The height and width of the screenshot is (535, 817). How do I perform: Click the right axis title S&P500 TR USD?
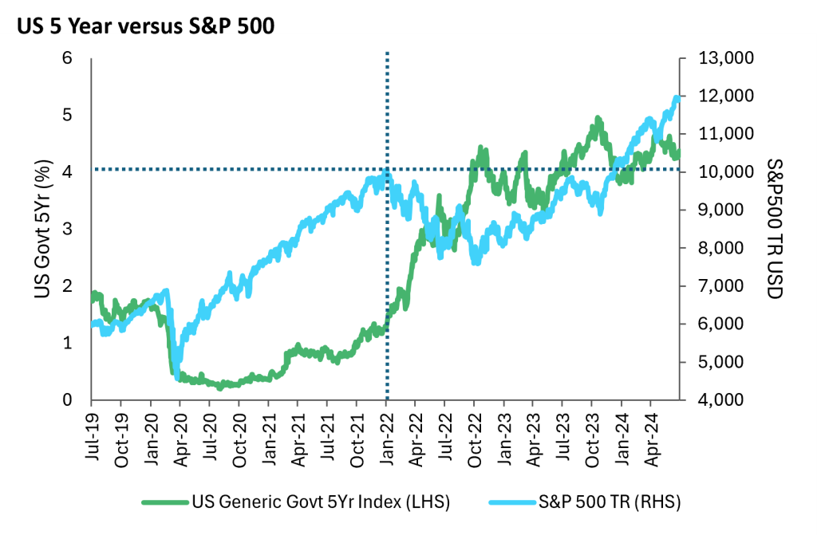pos(773,229)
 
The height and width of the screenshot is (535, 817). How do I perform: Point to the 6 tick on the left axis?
pos(68,58)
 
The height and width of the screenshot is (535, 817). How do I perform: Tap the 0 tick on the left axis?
pos(68,400)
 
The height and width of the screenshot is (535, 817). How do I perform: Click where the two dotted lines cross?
pos(387,169)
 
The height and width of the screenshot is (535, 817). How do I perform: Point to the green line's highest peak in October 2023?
pos(597,120)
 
